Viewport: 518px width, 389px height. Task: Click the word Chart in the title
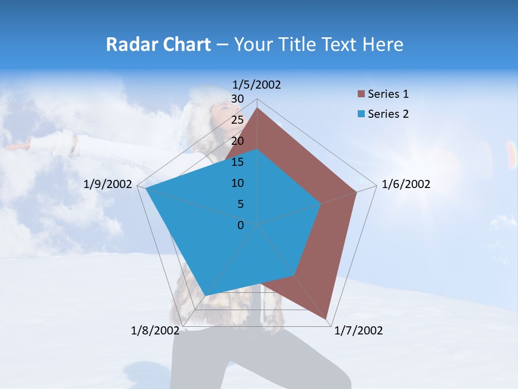(x=185, y=44)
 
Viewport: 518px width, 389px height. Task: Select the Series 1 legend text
(x=388, y=94)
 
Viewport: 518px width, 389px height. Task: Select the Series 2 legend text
(x=388, y=114)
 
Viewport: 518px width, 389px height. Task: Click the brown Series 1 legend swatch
(x=362, y=94)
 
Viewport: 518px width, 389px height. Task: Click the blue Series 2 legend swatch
(x=362, y=114)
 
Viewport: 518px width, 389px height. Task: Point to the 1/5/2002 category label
(x=257, y=84)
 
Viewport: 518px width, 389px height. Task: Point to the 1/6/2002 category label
(x=406, y=184)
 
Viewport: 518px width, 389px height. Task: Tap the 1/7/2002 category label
(x=358, y=331)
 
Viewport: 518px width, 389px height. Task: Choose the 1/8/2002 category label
(x=155, y=331)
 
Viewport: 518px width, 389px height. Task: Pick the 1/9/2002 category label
(x=108, y=184)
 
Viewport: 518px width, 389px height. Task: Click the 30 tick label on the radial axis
(x=237, y=99)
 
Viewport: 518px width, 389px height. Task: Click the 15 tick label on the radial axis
(x=237, y=162)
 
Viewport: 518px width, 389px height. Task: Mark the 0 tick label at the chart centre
(x=241, y=225)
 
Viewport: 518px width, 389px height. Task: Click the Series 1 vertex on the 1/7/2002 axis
(x=327, y=319)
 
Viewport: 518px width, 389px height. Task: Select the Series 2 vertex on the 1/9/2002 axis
(x=146, y=189)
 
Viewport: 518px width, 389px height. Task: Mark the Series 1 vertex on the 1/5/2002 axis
(x=257, y=108)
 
